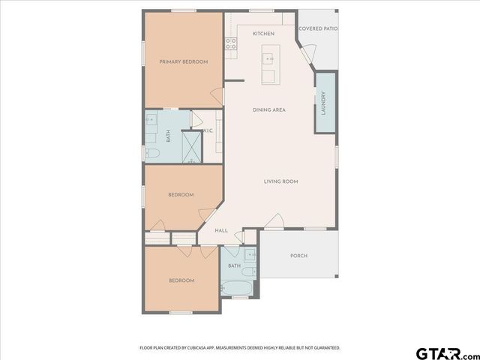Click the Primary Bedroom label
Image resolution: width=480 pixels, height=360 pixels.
(183, 61)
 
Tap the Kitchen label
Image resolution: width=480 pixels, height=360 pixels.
(263, 34)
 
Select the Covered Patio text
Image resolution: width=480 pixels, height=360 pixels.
(317, 29)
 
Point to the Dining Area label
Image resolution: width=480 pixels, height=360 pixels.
(269, 110)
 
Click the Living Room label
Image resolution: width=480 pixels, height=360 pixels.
(281, 181)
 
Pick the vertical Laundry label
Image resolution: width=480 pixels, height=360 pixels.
(323, 103)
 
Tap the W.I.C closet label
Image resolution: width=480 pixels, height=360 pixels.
(208, 131)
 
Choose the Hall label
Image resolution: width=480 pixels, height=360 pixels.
(221, 230)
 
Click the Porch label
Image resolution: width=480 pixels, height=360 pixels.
(298, 256)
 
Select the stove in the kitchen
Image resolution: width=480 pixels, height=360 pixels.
(232, 43)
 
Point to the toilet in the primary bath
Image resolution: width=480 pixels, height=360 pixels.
(152, 154)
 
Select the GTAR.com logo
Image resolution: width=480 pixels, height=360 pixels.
(447, 352)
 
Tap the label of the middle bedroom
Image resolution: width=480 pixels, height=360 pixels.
(181, 195)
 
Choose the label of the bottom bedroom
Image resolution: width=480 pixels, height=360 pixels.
(181, 280)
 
